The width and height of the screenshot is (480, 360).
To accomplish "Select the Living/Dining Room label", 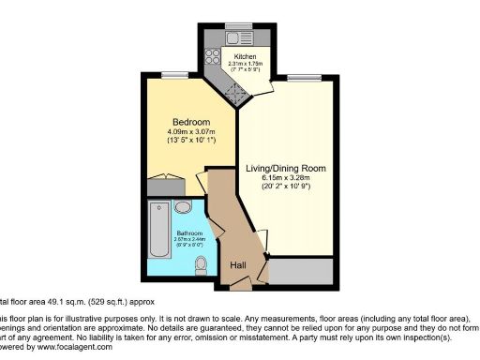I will point(286,169).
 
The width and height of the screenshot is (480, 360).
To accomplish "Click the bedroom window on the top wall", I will point(170,74).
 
